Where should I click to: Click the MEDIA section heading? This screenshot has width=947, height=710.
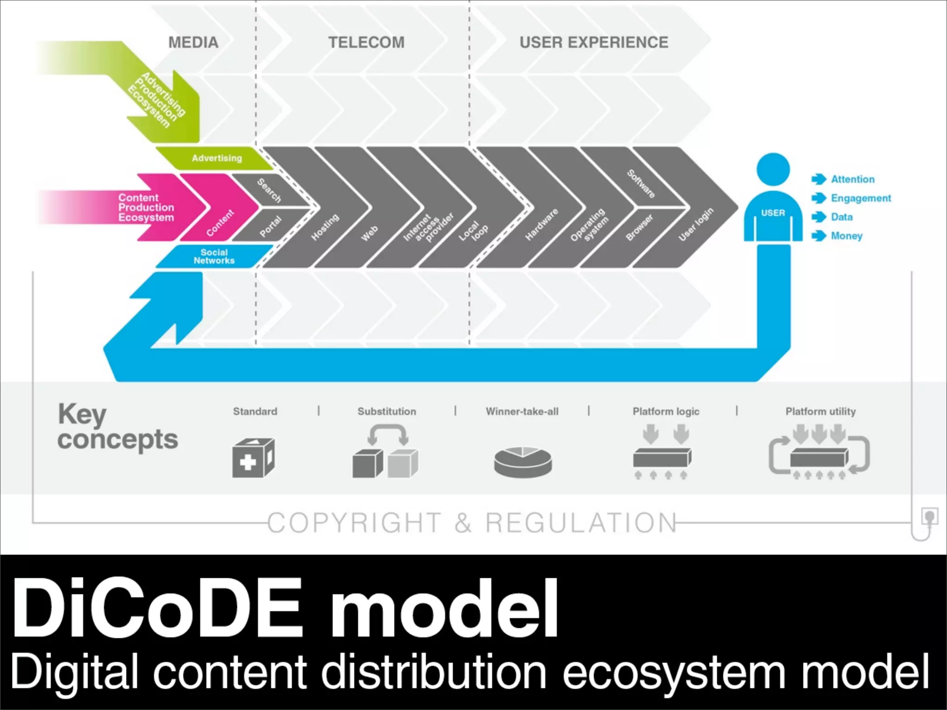[x=193, y=43]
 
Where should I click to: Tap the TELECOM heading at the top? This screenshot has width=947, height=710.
[x=366, y=43]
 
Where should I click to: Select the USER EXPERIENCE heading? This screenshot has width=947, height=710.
[x=594, y=43]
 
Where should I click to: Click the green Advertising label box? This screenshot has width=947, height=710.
[x=216, y=158]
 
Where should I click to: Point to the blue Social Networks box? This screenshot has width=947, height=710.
[x=214, y=257]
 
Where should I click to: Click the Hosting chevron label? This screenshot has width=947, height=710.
[x=325, y=226]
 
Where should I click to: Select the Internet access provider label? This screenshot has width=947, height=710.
[x=428, y=227]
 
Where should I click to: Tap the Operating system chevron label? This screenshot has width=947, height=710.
[x=589, y=225]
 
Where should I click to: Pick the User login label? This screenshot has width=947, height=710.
[x=696, y=224]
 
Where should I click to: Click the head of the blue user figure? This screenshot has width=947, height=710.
[x=773, y=170]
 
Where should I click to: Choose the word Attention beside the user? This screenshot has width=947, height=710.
[x=853, y=179]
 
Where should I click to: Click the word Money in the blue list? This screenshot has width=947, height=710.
[x=847, y=236]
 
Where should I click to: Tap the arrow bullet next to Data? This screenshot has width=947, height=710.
[x=818, y=217]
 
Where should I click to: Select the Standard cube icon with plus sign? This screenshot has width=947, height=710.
[x=253, y=458]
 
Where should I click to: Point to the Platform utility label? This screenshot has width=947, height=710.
[x=820, y=411]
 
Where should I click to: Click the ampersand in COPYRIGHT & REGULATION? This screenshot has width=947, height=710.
[x=463, y=523]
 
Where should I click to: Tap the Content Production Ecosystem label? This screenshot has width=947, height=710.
[x=146, y=208]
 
